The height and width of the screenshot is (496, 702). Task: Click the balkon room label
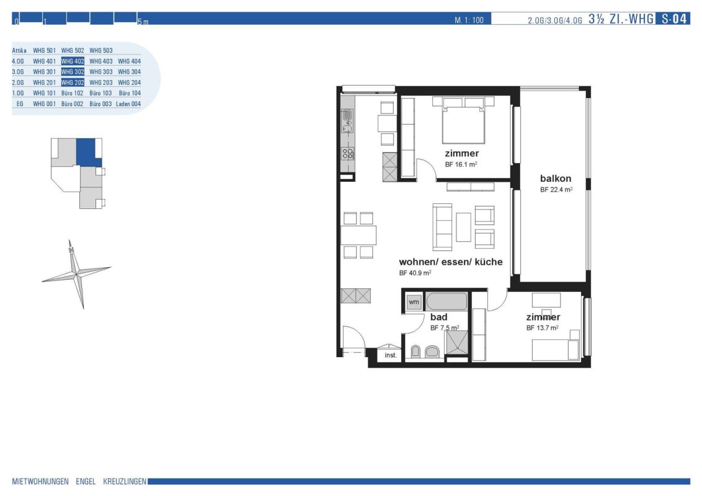(x=556, y=178)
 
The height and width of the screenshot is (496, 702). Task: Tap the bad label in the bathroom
(x=439, y=317)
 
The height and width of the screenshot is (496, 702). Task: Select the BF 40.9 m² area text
(x=415, y=273)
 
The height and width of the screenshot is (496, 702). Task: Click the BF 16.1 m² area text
(x=461, y=164)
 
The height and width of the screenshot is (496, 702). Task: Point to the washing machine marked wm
(x=414, y=302)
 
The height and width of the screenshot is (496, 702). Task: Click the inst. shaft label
(x=391, y=355)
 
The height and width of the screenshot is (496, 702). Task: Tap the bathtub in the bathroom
(x=447, y=301)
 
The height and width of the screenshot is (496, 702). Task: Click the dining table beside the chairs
(x=358, y=235)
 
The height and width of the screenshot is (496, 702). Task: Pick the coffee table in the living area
(x=463, y=227)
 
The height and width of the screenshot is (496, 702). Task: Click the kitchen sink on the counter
(x=347, y=122)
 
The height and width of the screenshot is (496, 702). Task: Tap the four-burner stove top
(x=348, y=154)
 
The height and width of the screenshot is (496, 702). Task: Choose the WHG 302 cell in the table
(x=73, y=72)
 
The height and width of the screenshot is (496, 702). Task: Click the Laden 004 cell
(x=128, y=104)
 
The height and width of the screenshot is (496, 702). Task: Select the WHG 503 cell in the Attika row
(x=100, y=51)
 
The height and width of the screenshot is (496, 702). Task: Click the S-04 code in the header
(x=674, y=19)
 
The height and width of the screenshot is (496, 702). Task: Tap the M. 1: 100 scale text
(x=469, y=20)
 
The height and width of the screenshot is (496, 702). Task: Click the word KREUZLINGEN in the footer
(x=125, y=482)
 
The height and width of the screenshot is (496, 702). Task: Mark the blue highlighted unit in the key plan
(x=87, y=152)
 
